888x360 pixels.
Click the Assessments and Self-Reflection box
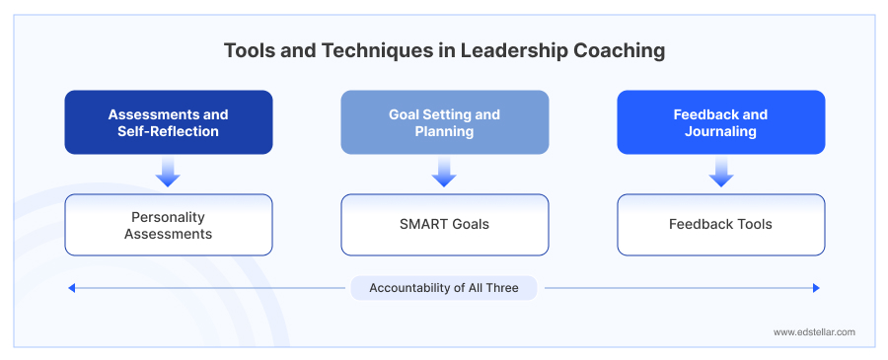(x=168, y=122)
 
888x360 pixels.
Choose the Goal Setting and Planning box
(x=444, y=122)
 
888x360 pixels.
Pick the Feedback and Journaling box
(x=720, y=122)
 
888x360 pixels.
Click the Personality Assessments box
(x=168, y=225)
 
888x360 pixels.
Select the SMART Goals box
(x=444, y=225)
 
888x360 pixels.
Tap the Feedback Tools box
(x=720, y=225)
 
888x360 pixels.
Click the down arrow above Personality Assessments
(x=168, y=174)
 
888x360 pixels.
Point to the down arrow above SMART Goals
(x=444, y=174)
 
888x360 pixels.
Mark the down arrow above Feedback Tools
(x=721, y=174)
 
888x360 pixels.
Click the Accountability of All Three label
(x=444, y=288)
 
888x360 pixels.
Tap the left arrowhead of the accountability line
(x=71, y=288)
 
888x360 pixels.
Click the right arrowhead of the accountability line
(x=816, y=288)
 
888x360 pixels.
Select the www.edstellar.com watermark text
(x=814, y=332)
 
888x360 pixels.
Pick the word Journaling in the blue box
(x=720, y=131)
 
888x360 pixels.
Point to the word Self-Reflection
(x=168, y=131)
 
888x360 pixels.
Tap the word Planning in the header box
(x=444, y=131)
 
